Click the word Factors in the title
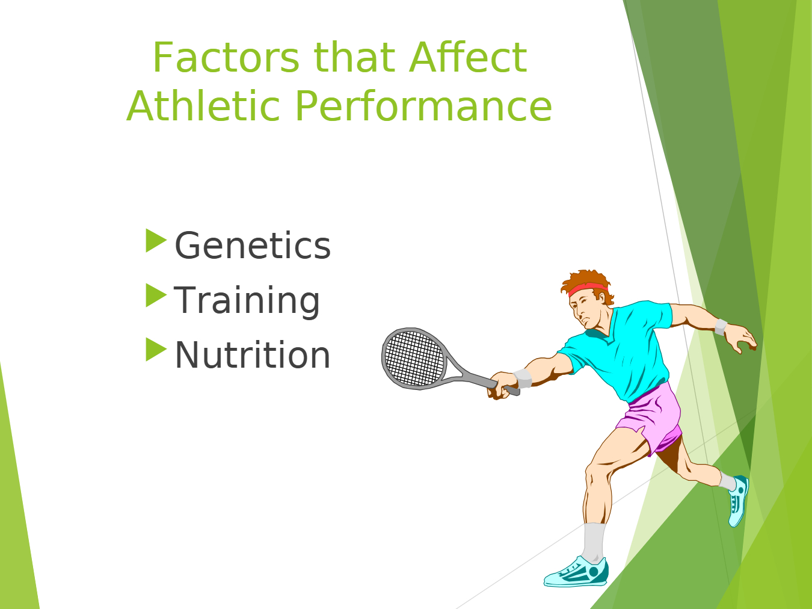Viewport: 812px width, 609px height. (226, 57)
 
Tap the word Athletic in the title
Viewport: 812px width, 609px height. (203, 106)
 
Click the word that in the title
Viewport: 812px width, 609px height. (354, 57)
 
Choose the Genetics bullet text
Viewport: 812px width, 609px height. (253, 246)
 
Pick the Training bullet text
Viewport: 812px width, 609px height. (247, 300)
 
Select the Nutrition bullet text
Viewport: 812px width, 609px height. (252, 355)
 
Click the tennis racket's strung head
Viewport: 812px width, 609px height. (414, 358)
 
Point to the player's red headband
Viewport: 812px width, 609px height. (588, 289)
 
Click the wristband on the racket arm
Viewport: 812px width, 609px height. (523, 378)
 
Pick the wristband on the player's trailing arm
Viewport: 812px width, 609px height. (720, 327)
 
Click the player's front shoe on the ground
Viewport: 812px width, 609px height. (576, 573)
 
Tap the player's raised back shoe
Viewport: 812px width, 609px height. (739, 501)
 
